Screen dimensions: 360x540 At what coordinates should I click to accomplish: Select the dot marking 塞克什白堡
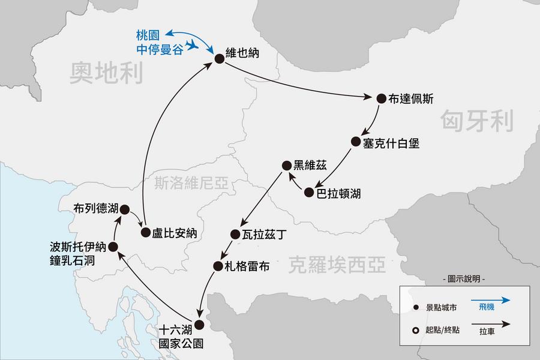[x=355, y=142]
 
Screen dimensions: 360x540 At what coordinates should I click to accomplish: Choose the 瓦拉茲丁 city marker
[x=235, y=234]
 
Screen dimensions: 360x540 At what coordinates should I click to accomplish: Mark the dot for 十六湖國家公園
[x=199, y=325]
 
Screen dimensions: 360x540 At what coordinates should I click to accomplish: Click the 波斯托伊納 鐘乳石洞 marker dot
[x=113, y=247]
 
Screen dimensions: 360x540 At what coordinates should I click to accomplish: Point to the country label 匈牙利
[x=478, y=121]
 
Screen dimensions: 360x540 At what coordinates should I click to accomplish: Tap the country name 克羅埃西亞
[x=337, y=264]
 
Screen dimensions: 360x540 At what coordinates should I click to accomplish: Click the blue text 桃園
[x=149, y=34]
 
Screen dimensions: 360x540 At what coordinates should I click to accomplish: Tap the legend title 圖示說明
[x=463, y=280]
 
